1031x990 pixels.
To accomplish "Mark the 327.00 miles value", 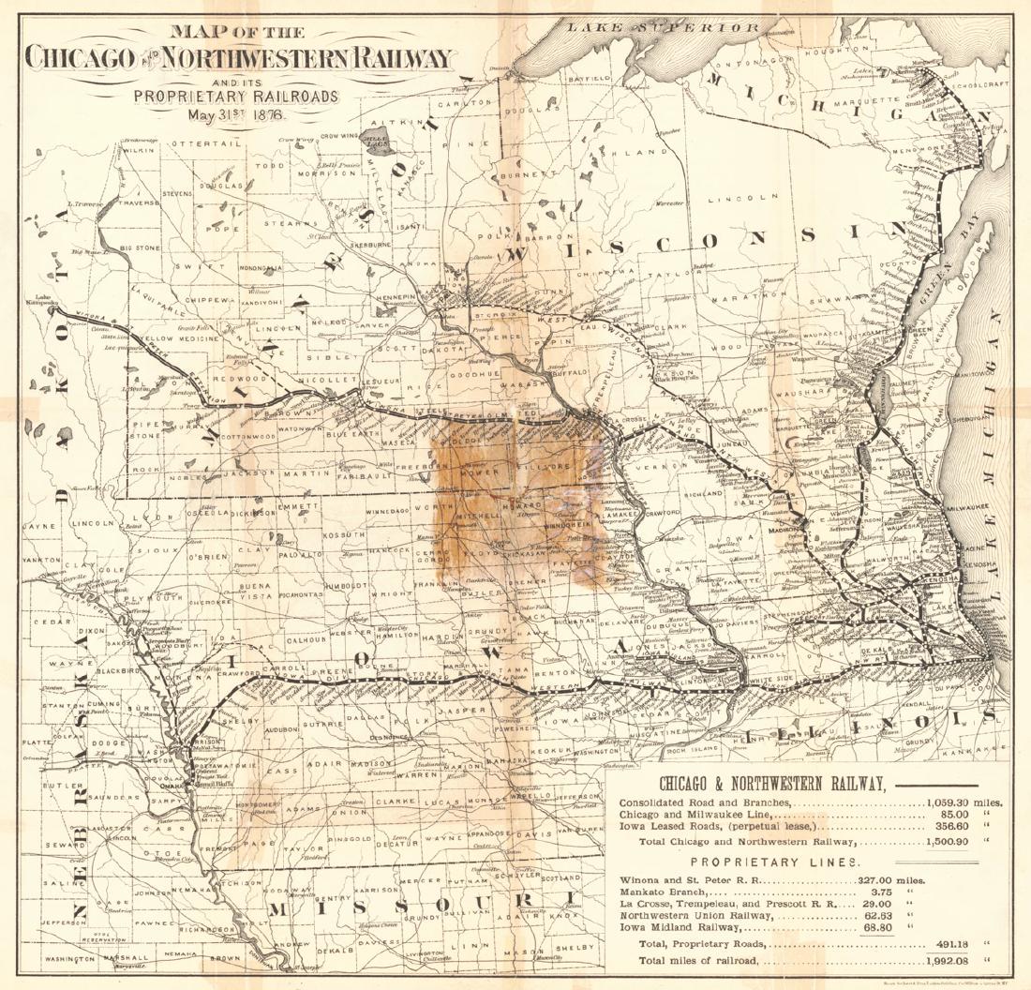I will coord(891,880).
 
